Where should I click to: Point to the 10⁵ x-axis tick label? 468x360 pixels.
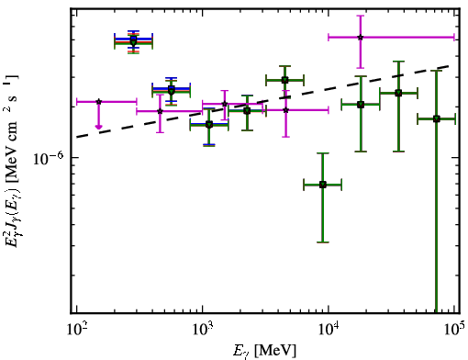pos(455,330)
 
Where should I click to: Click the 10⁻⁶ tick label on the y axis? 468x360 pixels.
pos(49,159)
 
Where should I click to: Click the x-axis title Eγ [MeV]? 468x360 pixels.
pos(264,351)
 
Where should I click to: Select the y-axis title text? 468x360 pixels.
pos(12,161)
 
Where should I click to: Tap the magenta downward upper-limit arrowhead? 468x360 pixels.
pos(98,127)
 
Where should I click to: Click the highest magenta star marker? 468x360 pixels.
pos(361,38)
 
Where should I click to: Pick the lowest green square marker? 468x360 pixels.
pos(323,185)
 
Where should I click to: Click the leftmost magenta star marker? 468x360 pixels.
pos(98,102)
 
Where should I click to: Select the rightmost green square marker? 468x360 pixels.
pos(437,118)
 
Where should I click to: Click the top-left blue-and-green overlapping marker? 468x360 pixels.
pos(133,40)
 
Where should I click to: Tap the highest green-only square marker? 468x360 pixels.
pos(284,81)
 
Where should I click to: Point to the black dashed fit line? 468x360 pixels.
pos(262,101)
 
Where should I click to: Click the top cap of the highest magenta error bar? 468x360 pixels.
pos(361,16)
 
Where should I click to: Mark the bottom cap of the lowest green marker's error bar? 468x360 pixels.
pos(323,242)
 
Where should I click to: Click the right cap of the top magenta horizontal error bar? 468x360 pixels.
pos(454,38)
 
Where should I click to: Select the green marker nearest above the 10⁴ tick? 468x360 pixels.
pos(323,185)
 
